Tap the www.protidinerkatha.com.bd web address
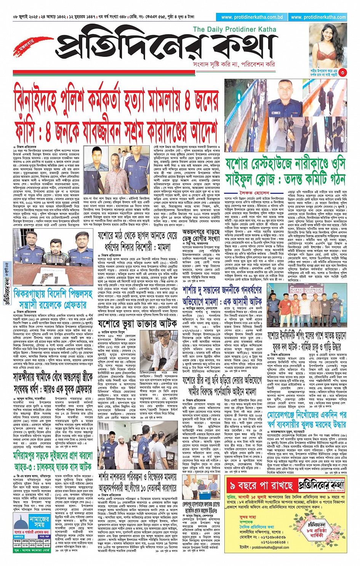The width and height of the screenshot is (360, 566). pos(252,17)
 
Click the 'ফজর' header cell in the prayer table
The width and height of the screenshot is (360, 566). pos(17,540)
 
